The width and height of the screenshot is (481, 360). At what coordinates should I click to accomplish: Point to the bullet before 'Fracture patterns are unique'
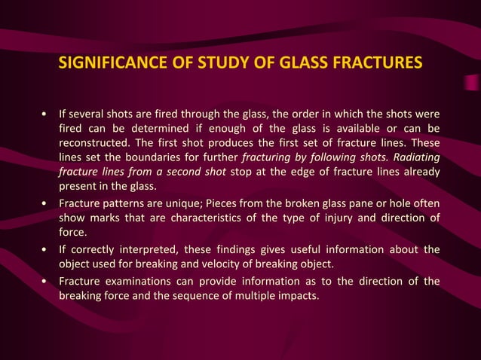coord(47,204)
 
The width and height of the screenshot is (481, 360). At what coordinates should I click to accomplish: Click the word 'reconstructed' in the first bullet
coord(95,143)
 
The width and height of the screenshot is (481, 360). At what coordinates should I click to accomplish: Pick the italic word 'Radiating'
coord(412,157)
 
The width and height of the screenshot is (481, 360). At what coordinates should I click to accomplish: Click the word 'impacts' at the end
coord(299,297)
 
